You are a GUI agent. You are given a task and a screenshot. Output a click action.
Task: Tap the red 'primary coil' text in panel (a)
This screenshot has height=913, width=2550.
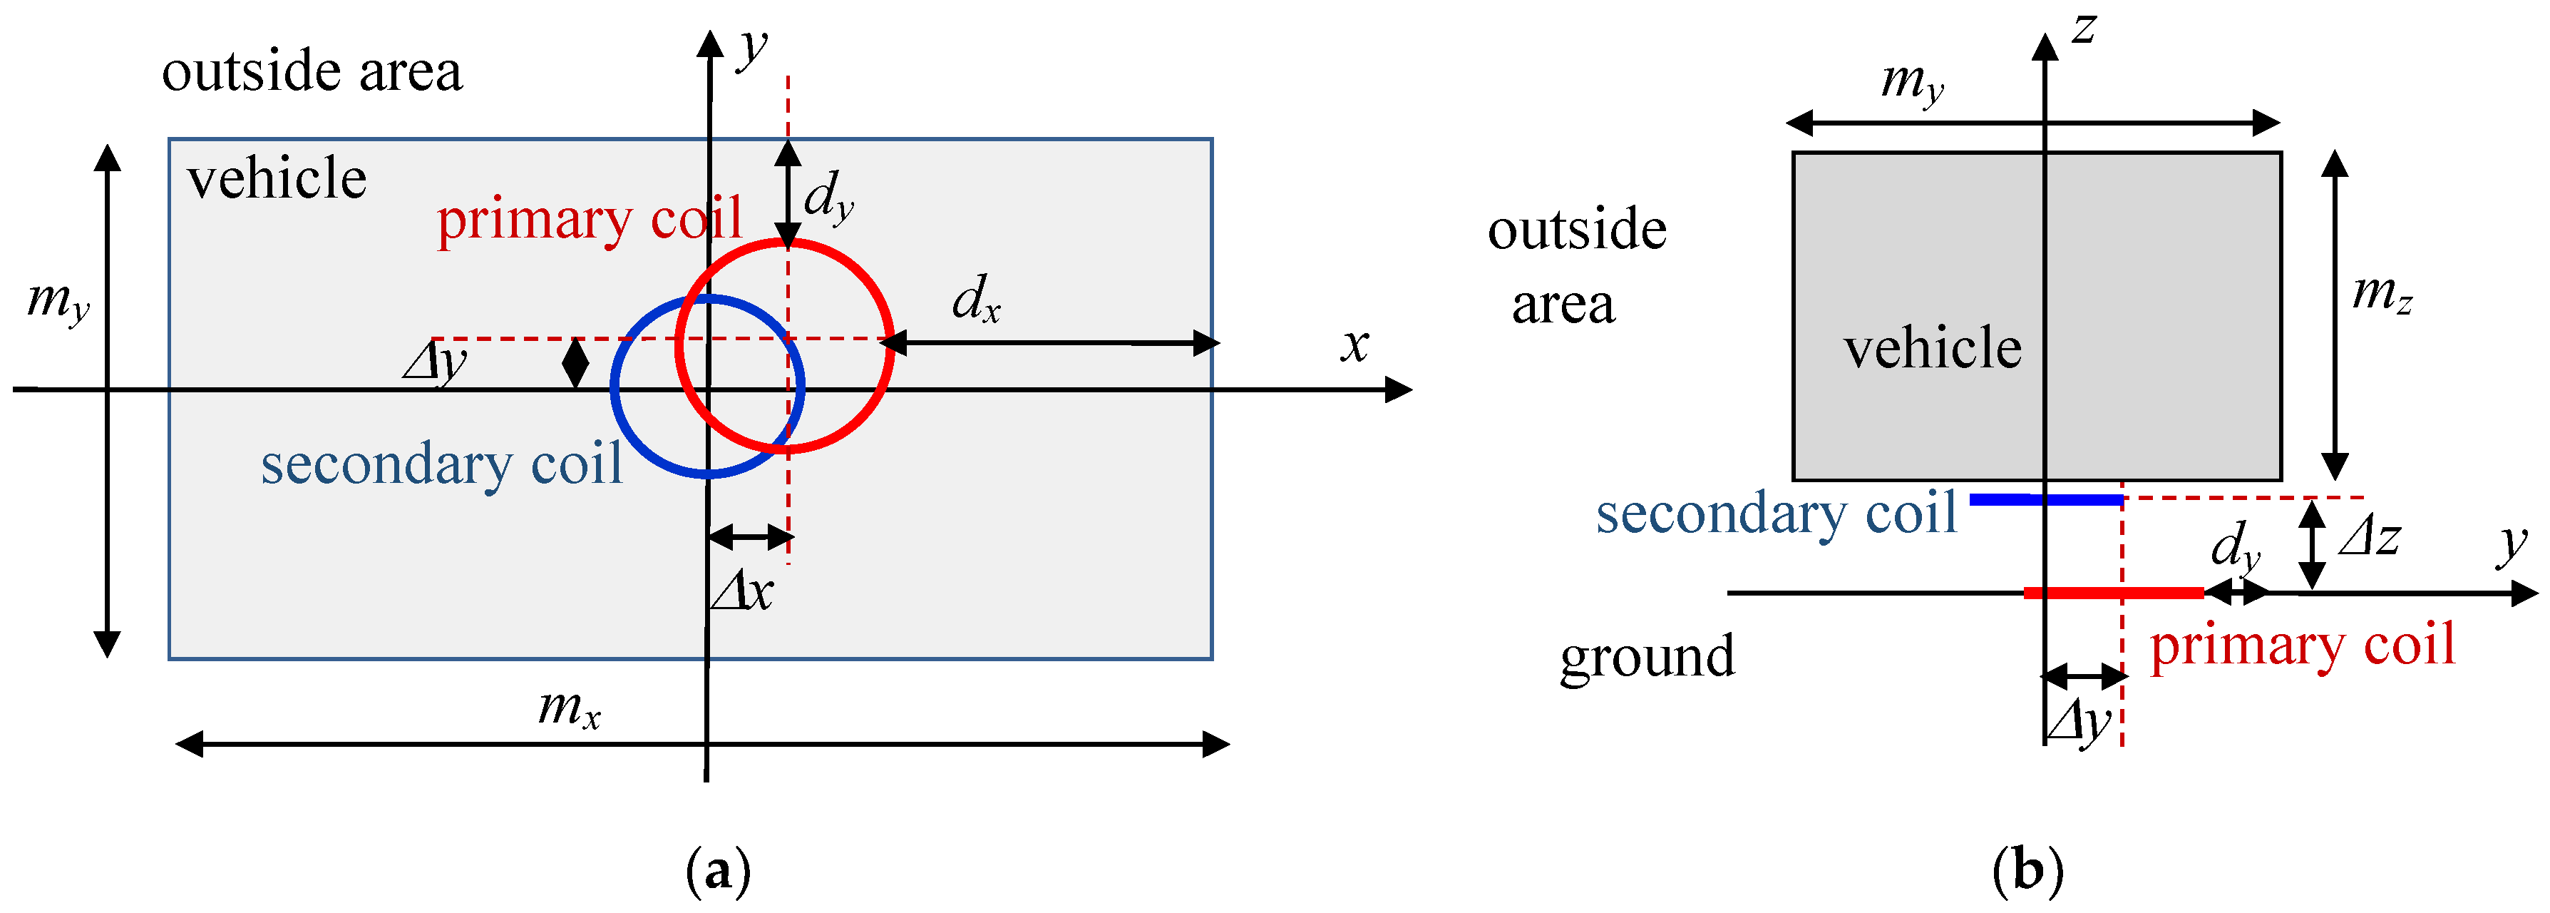pyautogui.click(x=589, y=219)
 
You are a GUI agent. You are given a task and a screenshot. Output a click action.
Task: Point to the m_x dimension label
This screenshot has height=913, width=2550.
pyautogui.click(x=569, y=709)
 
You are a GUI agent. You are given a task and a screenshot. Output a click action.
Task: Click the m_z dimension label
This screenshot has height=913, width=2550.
pyautogui.click(x=2382, y=293)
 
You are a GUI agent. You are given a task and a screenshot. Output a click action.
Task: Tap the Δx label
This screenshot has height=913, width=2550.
pyautogui.click(x=742, y=592)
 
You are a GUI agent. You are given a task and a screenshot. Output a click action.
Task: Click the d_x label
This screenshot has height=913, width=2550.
pyautogui.click(x=975, y=299)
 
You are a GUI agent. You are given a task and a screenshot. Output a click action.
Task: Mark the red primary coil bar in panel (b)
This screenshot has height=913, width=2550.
pyautogui.click(x=2114, y=592)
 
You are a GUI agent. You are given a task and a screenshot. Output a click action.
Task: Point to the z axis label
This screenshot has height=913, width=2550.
pyautogui.click(x=2084, y=30)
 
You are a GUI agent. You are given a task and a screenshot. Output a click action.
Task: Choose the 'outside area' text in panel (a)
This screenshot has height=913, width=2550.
pyautogui.click(x=312, y=72)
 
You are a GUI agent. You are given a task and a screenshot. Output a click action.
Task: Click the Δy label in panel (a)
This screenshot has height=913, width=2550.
pyautogui.click(x=436, y=362)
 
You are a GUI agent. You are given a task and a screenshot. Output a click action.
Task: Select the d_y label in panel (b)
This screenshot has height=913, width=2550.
pyautogui.click(x=2235, y=546)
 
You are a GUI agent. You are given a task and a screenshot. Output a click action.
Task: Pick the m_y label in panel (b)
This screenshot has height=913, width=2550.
pyautogui.click(x=1911, y=81)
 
